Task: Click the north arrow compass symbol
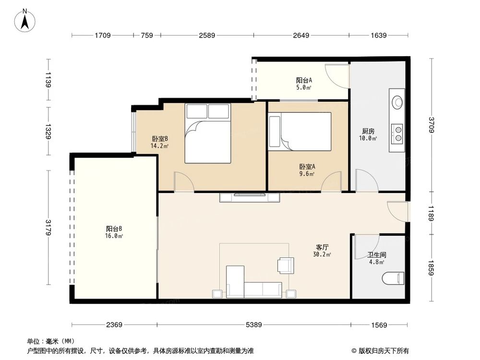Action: [25, 21]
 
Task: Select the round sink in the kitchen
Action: [397, 102]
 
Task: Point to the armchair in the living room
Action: [286, 265]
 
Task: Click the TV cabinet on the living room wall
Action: [250, 197]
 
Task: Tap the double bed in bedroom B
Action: [207, 133]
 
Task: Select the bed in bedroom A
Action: [300, 132]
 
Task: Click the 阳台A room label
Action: [304, 80]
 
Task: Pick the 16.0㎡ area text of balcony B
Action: [114, 236]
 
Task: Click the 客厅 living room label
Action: [322, 247]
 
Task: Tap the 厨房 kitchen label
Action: [368, 131]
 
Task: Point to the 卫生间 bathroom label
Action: [377, 255]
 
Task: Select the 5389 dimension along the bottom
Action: [254, 324]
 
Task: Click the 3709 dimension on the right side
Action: [432, 125]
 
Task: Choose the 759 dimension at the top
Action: [147, 35]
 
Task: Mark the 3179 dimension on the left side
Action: [48, 228]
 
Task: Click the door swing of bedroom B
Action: [184, 182]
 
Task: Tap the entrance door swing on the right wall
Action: [397, 211]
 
